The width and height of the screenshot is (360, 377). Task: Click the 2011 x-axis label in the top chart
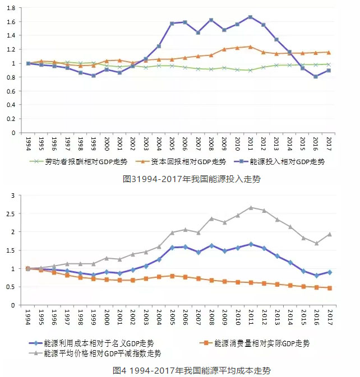click(250, 143)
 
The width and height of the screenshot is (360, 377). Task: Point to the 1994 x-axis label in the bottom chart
click(28, 317)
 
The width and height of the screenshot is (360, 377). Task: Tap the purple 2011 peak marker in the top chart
click(250, 17)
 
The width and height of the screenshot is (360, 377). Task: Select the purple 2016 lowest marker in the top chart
click(316, 77)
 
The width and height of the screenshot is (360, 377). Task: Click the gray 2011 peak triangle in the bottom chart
click(250, 207)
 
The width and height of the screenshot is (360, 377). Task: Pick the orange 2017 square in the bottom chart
click(329, 288)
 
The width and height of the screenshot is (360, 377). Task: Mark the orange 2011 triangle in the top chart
click(250, 46)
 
